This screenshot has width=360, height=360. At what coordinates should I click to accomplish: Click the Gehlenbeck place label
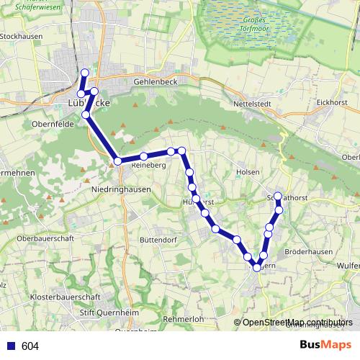pyautogui.click(x=155, y=83)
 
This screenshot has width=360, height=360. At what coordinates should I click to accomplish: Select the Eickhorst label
pyautogui.click(x=332, y=103)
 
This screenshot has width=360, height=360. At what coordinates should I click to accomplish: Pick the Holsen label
pyautogui.click(x=248, y=173)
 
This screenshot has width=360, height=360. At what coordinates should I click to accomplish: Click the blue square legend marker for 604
pyautogui.click(x=10, y=346)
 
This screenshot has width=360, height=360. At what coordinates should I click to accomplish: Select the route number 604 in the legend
pyautogui.click(x=30, y=346)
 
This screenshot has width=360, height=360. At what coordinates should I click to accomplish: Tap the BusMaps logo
pyautogui.click(x=325, y=345)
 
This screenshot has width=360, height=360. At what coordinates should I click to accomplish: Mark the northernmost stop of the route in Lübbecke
pyautogui.click(x=85, y=72)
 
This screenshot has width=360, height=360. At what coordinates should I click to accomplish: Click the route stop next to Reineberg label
pyautogui.click(x=144, y=156)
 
